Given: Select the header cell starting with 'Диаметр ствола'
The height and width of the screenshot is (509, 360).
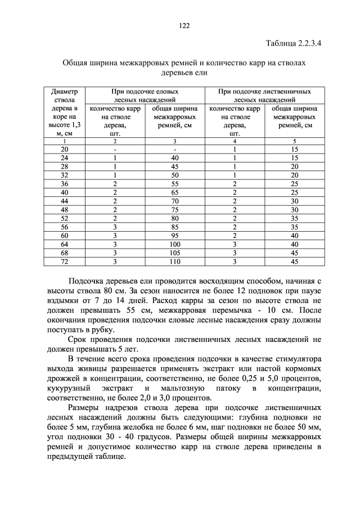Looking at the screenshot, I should coord(64,112).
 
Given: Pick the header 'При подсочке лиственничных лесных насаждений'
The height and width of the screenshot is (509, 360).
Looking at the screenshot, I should coord(264,95).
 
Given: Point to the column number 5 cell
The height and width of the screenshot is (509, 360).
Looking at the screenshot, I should coord(294,141).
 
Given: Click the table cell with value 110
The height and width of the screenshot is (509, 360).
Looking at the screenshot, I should coord(175,262).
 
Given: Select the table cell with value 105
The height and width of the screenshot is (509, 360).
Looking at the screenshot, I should coord(175,254).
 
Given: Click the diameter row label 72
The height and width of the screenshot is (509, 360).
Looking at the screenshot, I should coord(64,262).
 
